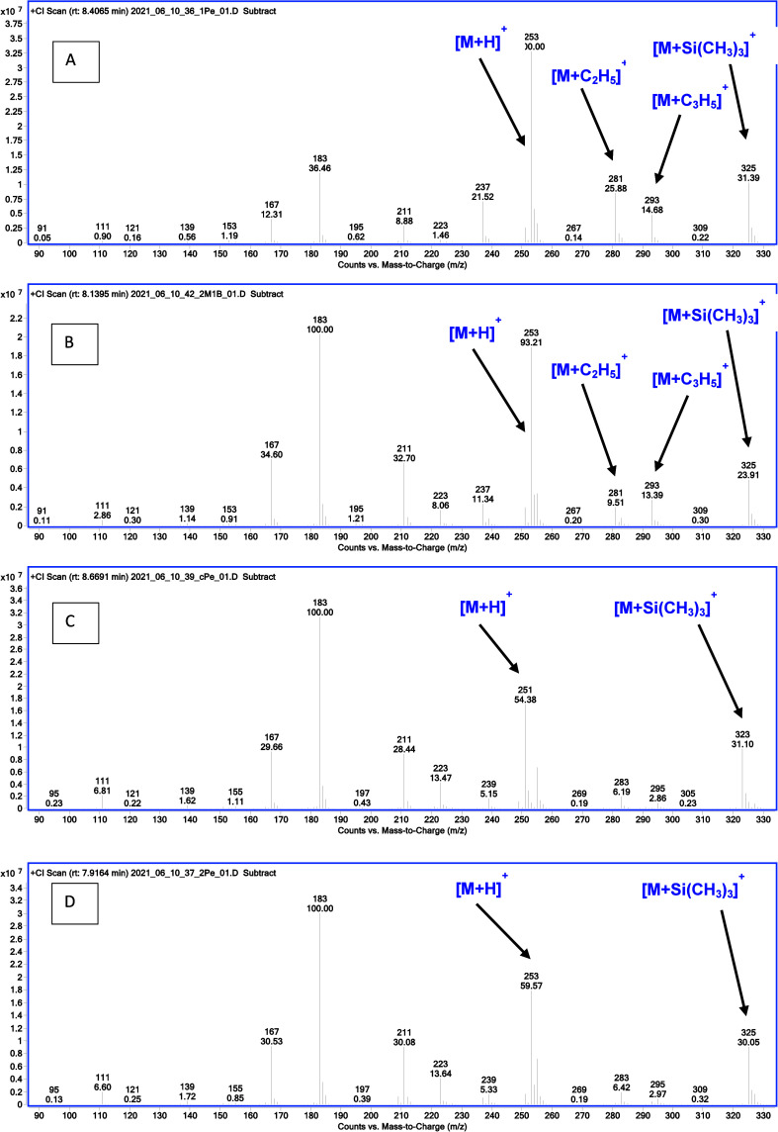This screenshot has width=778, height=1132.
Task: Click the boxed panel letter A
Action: point(71,59)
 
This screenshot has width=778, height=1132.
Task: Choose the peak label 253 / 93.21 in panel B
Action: point(532,337)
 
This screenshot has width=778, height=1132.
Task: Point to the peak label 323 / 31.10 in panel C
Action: point(742,738)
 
